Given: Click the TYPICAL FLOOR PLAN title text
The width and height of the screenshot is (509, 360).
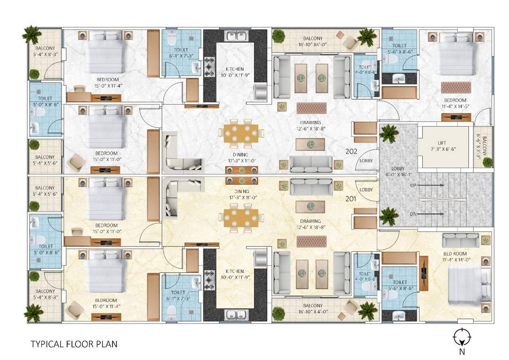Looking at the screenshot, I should tap(74, 344).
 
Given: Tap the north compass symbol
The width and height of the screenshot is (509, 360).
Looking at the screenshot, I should tap(462, 337).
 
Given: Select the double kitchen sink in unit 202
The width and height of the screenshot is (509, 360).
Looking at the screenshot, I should tap(237, 36).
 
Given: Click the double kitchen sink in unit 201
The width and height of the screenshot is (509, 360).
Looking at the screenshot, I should tap(237, 315).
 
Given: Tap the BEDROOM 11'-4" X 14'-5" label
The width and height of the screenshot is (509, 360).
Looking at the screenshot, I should tap(455, 103).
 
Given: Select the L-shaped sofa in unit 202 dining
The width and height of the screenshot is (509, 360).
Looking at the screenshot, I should tap(181, 153).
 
